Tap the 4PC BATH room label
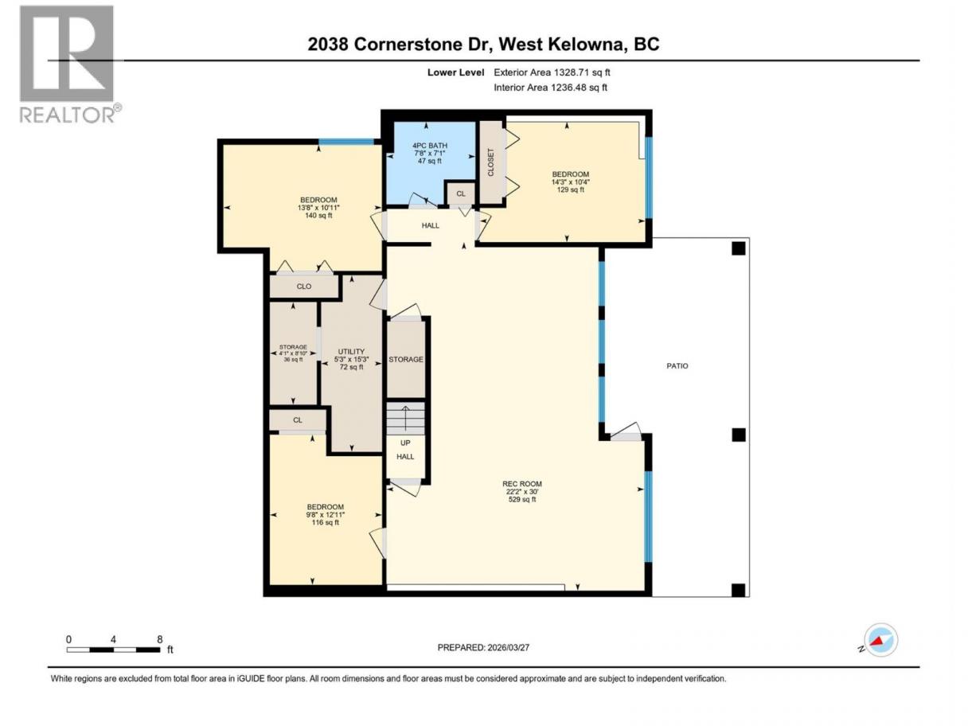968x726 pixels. tap(429, 153)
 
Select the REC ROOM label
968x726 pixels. tap(521, 491)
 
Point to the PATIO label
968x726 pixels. tap(677, 366)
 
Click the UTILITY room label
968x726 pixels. tap(351, 359)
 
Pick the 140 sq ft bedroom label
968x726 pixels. tap(318, 208)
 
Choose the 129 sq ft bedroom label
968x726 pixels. tap(570, 181)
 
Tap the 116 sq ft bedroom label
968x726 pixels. tap(326, 514)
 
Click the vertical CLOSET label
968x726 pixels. tap(490, 162)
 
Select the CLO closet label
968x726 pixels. tap(304, 287)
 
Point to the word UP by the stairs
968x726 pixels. tap(405, 443)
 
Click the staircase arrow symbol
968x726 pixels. tap(405, 418)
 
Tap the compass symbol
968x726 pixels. tap(880, 640)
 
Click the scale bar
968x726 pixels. tap(113, 650)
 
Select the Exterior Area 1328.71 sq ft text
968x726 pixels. tap(552, 72)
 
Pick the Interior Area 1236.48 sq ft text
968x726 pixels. tap(550, 88)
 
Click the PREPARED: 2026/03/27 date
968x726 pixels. tap(483, 647)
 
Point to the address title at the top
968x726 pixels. tap(483, 44)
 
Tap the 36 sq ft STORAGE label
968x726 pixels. tap(293, 353)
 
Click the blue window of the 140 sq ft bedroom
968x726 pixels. tap(346, 142)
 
